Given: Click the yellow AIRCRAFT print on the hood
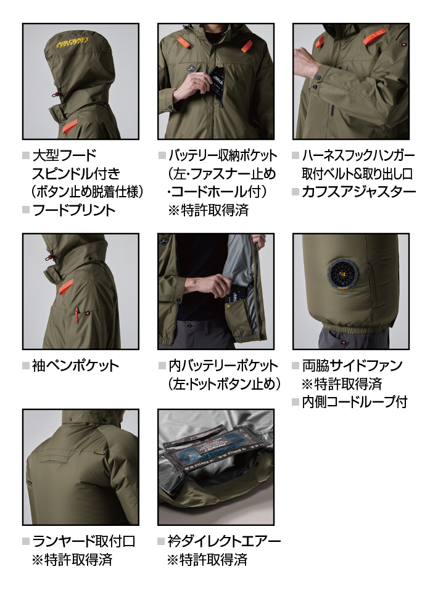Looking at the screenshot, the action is coord(73,43).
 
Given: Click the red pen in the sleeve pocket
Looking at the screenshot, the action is coord(77,314).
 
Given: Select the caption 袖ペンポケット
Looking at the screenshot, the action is coord(76,366).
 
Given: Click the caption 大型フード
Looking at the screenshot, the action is coord(65,155).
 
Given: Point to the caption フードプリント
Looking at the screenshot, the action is coord(74,210).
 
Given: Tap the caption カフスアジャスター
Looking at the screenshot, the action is coord(359,192).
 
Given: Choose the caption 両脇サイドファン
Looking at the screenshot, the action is coord(352,366).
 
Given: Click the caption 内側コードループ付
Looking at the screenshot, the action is coord(355,402).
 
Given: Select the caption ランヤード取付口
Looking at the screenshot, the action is coord(84,541).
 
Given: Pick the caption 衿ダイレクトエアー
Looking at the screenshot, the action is coord(224,541).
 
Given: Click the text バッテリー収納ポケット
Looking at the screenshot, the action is coord(223,155).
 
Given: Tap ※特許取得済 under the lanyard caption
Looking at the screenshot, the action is coord(72,560).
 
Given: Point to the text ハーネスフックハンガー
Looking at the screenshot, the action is coord(358,155).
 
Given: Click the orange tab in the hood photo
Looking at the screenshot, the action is coord(68,127).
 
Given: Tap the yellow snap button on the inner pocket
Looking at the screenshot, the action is coord(229,306).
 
